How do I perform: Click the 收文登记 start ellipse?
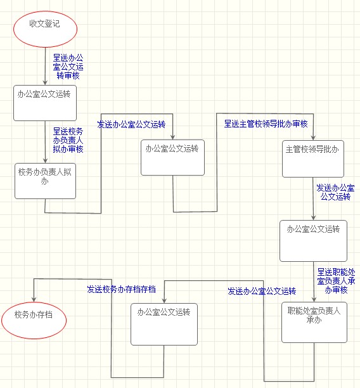tap(45, 29)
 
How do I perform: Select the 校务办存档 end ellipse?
tap(34, 320)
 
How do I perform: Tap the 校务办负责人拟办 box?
tap(45, 181)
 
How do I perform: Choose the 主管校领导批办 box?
tap(313, 159)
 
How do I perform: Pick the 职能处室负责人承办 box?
tap(314, 322)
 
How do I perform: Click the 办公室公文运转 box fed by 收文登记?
tap(45, 103)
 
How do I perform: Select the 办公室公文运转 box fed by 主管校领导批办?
tap(313, 241)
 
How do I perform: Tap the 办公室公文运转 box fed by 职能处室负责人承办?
tap(164, 324)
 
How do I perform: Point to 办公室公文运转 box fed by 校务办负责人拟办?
tap(172, 158)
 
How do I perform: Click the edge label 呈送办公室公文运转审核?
tap(68, 67)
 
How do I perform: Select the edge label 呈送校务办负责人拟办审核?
tap(68, 140)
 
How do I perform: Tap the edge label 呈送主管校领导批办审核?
tap(266, 124)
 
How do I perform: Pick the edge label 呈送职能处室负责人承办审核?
tap(337, 281)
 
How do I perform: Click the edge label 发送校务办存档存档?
tap(121, 289)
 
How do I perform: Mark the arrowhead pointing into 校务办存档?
tap(34, 299)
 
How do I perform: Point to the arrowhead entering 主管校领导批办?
tap(313, 138)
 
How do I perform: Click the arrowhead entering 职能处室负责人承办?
tap(314, 299)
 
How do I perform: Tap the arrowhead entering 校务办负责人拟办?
tap(45, 160)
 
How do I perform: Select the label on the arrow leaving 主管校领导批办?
tap(335, 192)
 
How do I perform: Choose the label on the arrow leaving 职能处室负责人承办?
tap(262, 291)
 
